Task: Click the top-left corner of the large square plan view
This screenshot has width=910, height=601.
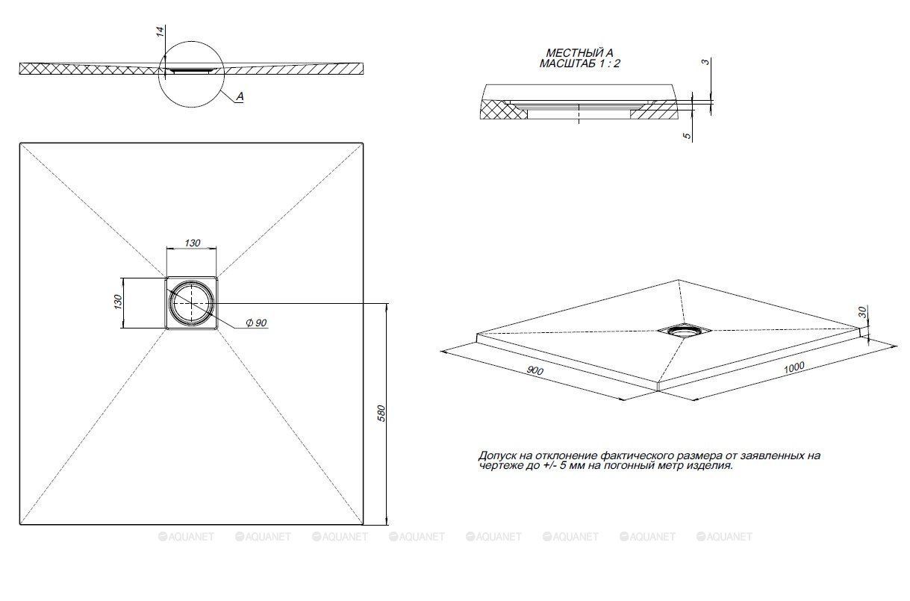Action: click(x=20, y=143)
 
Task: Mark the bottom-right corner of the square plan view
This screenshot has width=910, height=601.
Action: click(x=363, y=524)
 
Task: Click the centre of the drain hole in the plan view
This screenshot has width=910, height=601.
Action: click(x=191, y=303)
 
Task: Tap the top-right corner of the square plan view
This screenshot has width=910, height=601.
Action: click(x=363, y=143)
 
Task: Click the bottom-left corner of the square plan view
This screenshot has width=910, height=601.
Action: click(x=20, y=524)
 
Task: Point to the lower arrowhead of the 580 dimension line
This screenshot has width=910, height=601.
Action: click(x=387, y=520)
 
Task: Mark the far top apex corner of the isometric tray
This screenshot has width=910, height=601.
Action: click(x=677, y=280)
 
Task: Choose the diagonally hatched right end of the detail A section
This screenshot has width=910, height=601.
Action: click(x=653, y=110)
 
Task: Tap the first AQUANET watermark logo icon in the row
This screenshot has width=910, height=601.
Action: click(x=163, y=537)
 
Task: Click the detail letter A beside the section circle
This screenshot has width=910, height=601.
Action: click(x=240, y=96)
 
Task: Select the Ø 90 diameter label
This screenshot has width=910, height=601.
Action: click(x=256, y=323)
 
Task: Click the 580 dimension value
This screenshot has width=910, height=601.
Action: click(x=381, y=413)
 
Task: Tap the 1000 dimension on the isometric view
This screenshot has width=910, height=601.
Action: click(x=794, y=367)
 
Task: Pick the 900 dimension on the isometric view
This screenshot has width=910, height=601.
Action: click(x=535, y=370)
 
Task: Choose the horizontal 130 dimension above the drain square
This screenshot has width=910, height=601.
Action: click(x=192, y=243)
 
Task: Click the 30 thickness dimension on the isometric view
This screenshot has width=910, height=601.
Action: click(x=863, y=312)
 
